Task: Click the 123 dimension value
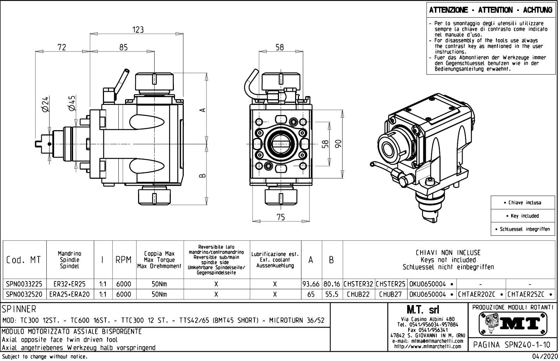(x=138, y=30)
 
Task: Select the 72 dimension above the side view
(x=62, y=47)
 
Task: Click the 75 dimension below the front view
(x=281, y=217)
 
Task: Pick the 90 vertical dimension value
(x=338, y=144)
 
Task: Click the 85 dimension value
(x=123, y=47)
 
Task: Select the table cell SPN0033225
(x=24, y=284)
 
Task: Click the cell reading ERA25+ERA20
(x=70, y=294)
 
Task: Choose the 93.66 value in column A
(x=311, y=284)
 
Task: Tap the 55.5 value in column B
(x=332, y=294)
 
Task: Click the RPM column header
(x=124, y=260)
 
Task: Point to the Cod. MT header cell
(x=24, y=260)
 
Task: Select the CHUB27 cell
(x=391, y=294)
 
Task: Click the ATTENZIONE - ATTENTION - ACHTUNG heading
(x=490, y=10)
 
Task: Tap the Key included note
(x=525, y=216)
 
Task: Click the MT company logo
(x=513, y=323)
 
